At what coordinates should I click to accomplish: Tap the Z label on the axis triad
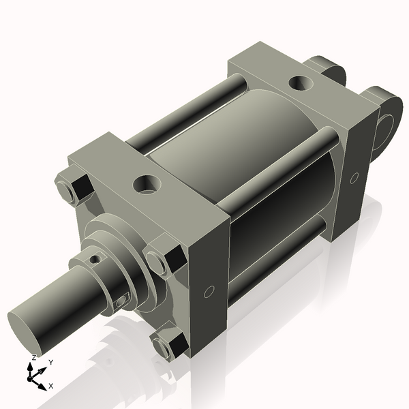[x=33, y=358]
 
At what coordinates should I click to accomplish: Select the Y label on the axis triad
[x=50, y=363]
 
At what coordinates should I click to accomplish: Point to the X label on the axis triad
[x=51, y=386]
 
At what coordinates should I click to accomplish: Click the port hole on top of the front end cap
[x=147, y=183]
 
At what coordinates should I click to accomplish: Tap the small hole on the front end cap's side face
[x=209, y=292]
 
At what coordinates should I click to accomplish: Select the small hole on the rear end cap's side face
[x=354, y=178]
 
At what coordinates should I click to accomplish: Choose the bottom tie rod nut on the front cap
[x=169, y=345]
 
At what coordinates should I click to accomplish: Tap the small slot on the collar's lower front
[x=121, y=301]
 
